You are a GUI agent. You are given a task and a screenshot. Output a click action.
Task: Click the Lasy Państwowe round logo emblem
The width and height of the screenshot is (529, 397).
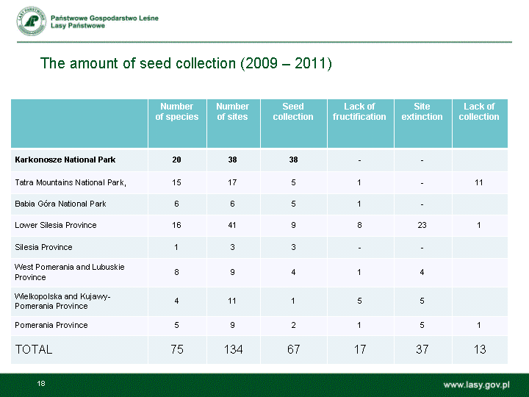(x=32, y=21)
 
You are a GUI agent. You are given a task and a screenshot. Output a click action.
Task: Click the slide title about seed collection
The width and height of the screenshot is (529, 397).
(x=186, y=63)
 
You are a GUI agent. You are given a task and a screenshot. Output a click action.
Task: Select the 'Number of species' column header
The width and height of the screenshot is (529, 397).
(x=177, y=112)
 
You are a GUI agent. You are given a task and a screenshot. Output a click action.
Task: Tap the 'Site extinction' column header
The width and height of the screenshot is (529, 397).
(x=422, y=112)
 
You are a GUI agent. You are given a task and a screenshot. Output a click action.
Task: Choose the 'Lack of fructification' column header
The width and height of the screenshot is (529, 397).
(x=359, y=112)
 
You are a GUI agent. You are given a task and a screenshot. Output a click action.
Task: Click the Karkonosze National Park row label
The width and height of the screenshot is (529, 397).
(x=65, y=160)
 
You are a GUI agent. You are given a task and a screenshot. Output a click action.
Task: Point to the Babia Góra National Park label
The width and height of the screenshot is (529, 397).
(x=60, y=204)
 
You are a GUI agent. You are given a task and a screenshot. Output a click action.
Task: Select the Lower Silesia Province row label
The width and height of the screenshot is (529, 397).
(x=56, y=225)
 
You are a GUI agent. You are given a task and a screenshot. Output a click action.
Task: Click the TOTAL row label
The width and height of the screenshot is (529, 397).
(x=34, y=349)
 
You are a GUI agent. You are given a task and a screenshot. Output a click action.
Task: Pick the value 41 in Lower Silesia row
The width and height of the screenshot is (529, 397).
(x=232, y=225)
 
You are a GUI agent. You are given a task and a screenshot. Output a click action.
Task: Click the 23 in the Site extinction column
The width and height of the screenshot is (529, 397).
(x=422, y=225)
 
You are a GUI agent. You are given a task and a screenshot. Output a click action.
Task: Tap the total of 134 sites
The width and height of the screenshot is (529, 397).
(x=234, y=349)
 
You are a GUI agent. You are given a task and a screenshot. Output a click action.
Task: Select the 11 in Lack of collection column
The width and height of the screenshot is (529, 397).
(x=479, y=182)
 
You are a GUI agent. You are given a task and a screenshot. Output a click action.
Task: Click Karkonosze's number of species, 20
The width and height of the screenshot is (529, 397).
(x=176, y=160)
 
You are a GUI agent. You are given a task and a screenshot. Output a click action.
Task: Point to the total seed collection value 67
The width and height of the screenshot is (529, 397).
(x=293, y=349)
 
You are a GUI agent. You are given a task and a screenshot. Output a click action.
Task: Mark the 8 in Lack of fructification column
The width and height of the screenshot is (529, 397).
(x=359, y=225)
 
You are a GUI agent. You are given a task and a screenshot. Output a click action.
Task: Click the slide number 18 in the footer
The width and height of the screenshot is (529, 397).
(x=41, y=384)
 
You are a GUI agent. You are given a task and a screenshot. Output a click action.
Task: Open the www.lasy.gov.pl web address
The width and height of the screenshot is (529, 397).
(x=476, y=385)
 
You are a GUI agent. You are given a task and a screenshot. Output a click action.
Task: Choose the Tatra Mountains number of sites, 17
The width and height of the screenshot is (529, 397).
(x=232, y=182)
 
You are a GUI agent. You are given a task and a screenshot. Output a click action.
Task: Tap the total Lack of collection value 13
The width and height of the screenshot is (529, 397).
(x=480, y=349)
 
